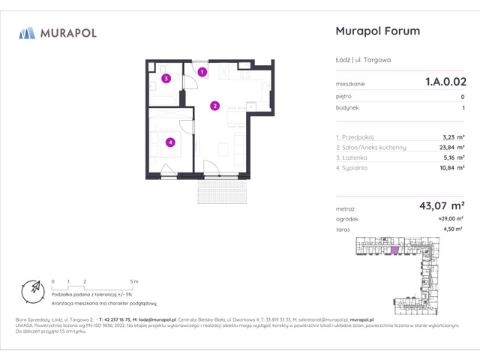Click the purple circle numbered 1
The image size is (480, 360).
coord(202,72)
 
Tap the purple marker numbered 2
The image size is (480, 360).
coord(214,106)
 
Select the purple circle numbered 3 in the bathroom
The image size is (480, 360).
coord(166,78)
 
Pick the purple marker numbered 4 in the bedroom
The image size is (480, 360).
coord(171,142)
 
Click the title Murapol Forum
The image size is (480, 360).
coord(376,31)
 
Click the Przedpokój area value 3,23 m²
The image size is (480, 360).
coord(451,136)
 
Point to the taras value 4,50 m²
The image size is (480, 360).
coord(451,230)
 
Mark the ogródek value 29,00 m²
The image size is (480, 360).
coord(448,219)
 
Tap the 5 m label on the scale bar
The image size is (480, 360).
coord(133,280)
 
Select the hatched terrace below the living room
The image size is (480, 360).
coord(221,190)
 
